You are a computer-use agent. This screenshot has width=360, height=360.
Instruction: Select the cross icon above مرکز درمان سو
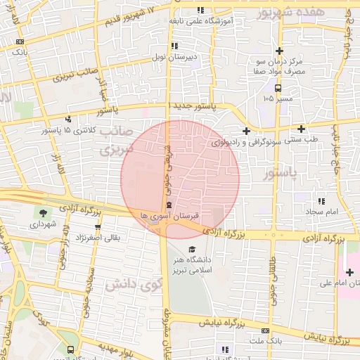280,51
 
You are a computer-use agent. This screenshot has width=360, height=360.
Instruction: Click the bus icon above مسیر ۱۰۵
279,88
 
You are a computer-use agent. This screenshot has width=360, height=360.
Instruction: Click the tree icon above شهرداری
44,213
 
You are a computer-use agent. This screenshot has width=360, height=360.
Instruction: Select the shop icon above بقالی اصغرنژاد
98,227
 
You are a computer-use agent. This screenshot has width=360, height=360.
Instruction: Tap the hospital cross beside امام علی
349,272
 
